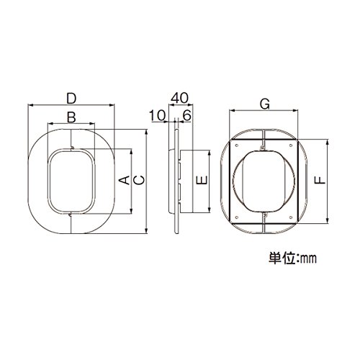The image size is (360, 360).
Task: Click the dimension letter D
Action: (71, 99)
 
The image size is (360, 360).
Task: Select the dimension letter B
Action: (71, 117)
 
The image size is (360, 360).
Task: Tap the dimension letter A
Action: (125, 180)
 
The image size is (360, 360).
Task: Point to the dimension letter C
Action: (139, 180)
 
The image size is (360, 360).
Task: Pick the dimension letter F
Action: (320, 180)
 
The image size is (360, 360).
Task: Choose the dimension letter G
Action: (265, 104)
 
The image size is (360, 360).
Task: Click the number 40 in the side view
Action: (179, 98)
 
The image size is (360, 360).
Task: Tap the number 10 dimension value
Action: (157, 116)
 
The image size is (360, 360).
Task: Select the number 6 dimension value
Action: (187, 116)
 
